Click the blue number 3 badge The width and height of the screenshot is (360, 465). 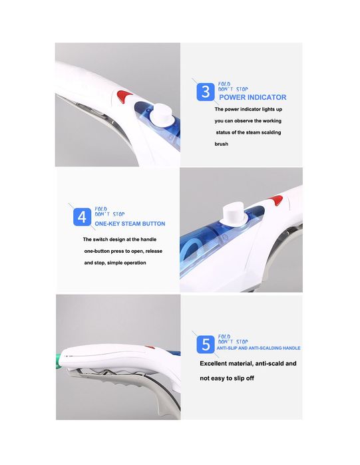pyautogui.click(x=205, y=92)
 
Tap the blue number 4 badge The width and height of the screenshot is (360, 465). pyautogui.click(x=82, y=217)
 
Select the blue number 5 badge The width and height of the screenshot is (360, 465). pyautogui.click(x=206, y=345)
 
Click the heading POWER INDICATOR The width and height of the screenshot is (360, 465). pyautogui.click(x=253, y=97)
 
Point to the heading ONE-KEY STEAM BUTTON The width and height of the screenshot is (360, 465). pyautogui.click(x=130, y=224)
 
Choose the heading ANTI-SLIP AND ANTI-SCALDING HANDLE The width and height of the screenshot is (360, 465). pyautogui.click(x=258, y=348)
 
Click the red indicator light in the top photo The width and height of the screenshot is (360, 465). pyautogui.click(x=124, y=96)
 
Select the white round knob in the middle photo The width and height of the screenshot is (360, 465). pyautogui.click(x=234, y=214)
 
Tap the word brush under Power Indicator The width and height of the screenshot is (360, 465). pyautogui.click(x=221, y=144)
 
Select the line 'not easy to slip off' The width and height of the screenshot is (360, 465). pyautogui.click(x=227, y=379)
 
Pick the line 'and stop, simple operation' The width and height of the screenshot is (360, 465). pyautogui.click(x=115, y=263)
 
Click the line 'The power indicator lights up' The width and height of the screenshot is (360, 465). pyautogui.click(x=248, y=109)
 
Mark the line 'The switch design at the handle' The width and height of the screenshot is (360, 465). pyautogui.click(x=120, y=239)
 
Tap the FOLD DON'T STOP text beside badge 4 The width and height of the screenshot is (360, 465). pyautogui.click(x=109, y=212)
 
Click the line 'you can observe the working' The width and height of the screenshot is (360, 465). pyautogui.click(x=248, y=121)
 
